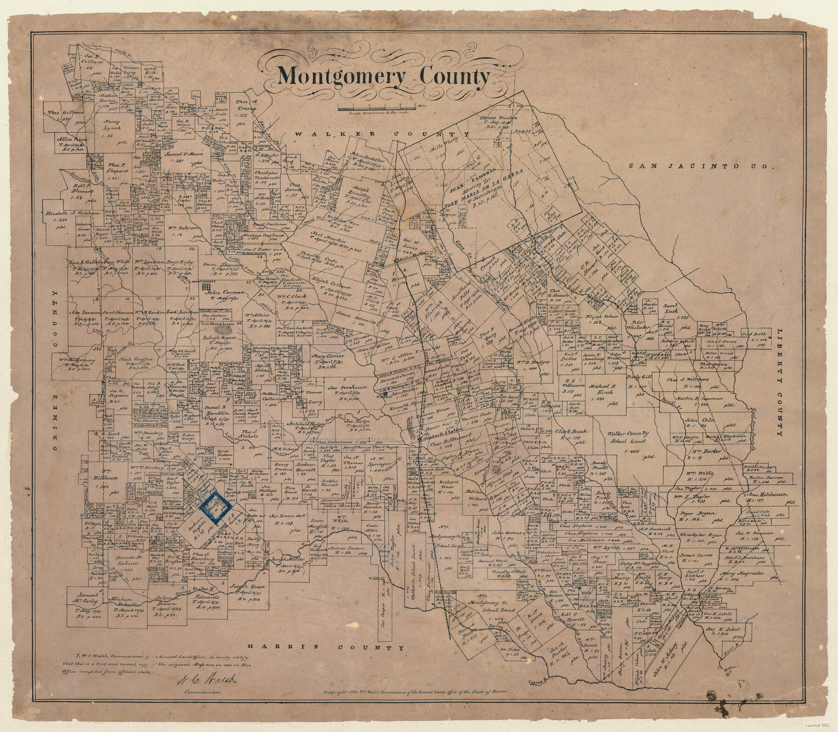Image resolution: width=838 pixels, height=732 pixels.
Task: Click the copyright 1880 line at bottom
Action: tap(416, 679)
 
